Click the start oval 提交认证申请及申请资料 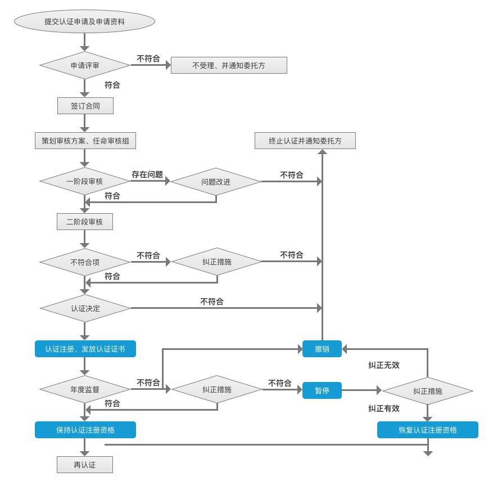pyautogui.click(x=84, y=22)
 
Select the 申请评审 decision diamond pyautogui.click(x=85, y=65)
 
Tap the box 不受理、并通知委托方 pyautogui.click(x=229, y=65)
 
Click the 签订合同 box pyautogui.click(x=85, y=106)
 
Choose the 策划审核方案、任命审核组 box pyautogui.click(x=85, y=141)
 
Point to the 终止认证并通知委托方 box pyautogui.click(x=305, y=141)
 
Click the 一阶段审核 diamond pyautogui.click(x=85, y=182)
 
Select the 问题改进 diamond pyautogui.click(x=216, y=182)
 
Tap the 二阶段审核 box pyautogui.click(x=85, y=222)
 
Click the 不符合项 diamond pyautogui.click(x=85, y=262)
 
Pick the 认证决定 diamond pyautogui.click(x=85, y=308)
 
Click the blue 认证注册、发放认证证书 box pyautogui.click(x=85, y=349)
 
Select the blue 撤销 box pyautogui.click(x=322, y=349)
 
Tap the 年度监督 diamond pyautogui.click(x=85, y=389)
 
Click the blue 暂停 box pyautogui.click(x=322, y=390)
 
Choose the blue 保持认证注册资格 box pyautogui.click(x=85, y=430)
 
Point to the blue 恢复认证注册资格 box pyautogui.click(x=428, y=430)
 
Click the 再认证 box pyautogui.click(x=85, y=465)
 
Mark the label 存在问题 pyautogui.click(x=147, y=174)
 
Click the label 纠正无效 pyautogui.click(x=384, y=365)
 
